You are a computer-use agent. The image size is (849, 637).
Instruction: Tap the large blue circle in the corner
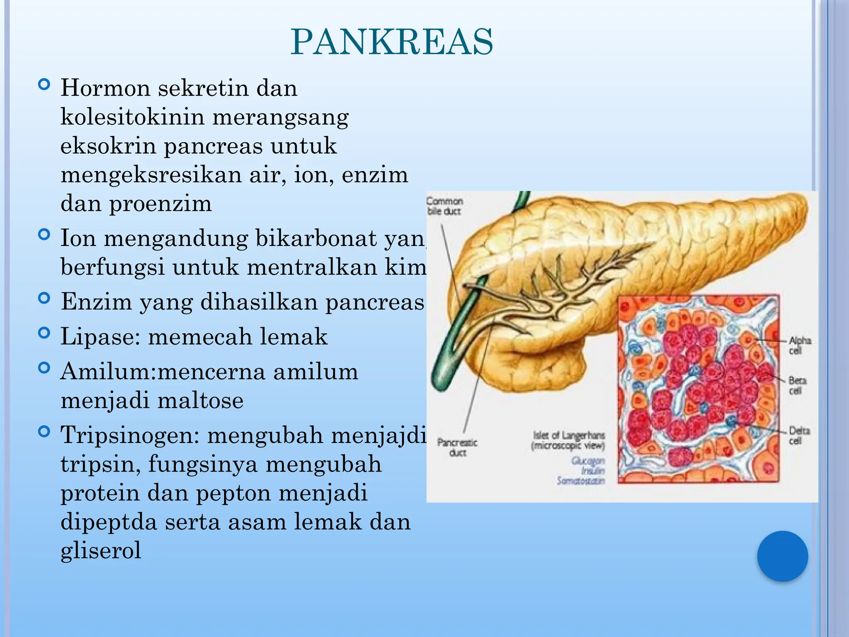782,556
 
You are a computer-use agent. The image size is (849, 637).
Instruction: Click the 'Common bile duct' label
444,206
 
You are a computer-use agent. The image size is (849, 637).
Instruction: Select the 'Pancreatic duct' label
457,447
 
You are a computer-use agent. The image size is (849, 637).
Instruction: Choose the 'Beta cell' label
797,385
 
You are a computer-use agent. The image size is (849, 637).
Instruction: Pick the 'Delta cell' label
799,435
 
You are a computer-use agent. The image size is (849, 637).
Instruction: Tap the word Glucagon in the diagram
588,461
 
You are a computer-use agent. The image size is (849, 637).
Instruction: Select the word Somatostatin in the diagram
581,481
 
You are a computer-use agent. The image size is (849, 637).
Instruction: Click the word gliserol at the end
101,550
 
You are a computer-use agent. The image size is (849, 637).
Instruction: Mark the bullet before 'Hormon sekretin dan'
44,85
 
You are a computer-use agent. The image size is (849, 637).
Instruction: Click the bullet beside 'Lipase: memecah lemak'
44,333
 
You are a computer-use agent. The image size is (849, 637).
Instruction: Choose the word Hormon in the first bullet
105,88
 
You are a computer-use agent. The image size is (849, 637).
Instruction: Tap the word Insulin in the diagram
593,471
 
